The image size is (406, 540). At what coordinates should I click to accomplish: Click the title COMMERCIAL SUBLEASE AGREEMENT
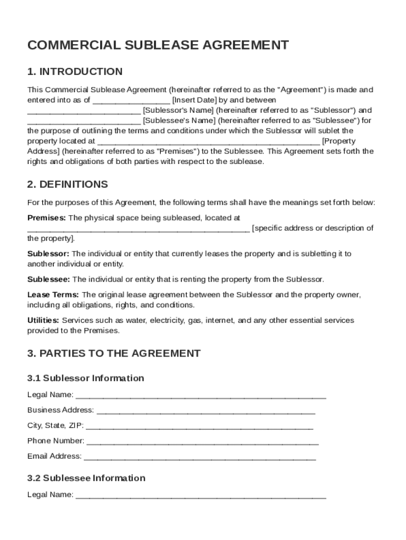coord(158,45)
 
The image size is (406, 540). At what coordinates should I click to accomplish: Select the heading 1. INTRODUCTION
coord(75,72)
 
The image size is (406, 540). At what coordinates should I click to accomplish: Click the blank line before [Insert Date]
coord(131,100)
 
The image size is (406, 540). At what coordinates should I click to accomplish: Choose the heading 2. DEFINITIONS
coord(67,185)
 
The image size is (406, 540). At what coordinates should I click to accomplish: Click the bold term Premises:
coord(46,217)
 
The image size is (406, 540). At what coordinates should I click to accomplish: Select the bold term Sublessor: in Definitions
coord(48,254)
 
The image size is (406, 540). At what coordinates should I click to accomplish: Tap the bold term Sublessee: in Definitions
coord(49,279)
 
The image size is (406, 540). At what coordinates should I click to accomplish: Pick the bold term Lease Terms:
coord(53,295)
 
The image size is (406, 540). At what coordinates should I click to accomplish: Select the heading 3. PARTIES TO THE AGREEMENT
coord(114,353)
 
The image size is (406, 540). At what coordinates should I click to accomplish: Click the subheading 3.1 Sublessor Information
coord(85,378)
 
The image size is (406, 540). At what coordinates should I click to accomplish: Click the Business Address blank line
coord(206,410)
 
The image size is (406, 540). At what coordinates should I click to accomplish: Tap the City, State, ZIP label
coord(54,426)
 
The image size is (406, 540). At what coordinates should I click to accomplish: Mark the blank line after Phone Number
coord(202,441)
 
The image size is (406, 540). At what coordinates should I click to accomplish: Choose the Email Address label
coord(54,456)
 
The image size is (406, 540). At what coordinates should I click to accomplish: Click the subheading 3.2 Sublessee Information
coord(86,478)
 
